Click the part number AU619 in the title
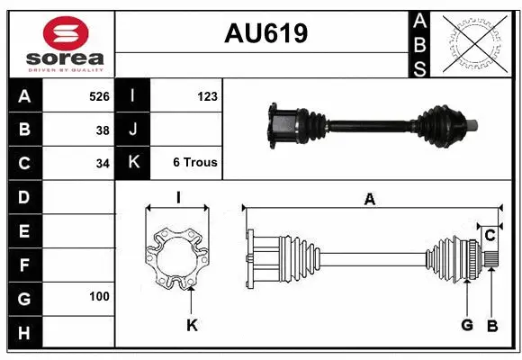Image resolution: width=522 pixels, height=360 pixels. tap(265, 33)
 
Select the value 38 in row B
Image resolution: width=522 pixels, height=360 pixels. tap(103, 130)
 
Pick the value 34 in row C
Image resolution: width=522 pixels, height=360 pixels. tap(103, 164)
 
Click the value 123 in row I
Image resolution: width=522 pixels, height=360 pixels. tap(206, 96)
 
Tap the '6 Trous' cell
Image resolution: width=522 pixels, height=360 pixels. tap(194, 163)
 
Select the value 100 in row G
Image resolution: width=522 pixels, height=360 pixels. tap(99, 296)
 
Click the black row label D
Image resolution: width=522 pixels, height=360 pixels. tap(23, 196)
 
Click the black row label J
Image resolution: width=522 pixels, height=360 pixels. tap(132, 130)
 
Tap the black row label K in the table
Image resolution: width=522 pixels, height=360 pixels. tap(132, 163)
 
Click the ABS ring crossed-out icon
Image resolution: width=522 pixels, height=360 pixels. tap(476, 43)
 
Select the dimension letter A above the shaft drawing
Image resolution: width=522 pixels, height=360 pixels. tap(369, 200)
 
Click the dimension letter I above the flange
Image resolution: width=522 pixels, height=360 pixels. tap(178, 198)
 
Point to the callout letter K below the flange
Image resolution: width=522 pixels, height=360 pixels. tap(192, 326)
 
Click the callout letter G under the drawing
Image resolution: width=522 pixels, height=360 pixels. tap(467, 326)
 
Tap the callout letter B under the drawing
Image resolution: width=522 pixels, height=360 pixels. tap(491, 326)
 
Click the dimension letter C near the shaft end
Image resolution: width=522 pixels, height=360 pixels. tap(490, 236)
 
